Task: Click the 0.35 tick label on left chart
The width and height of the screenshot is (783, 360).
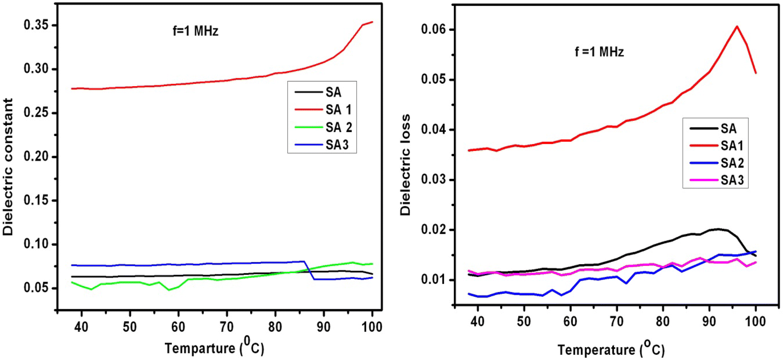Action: pos(36,25)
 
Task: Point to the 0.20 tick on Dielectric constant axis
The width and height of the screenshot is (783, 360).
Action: pos(36,156)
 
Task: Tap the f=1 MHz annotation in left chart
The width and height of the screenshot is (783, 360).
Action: pos(195,31)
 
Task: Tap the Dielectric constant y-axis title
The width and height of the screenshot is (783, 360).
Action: pos(8,167)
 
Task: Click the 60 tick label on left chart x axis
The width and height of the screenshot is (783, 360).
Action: pos(178,327)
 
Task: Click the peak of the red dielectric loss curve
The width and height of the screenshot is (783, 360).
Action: pos(737,27)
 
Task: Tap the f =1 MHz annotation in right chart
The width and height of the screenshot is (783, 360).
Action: pos(599,52)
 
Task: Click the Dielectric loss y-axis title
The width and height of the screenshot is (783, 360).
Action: pos(405,165)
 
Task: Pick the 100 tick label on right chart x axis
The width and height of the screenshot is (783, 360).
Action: pos(755,322)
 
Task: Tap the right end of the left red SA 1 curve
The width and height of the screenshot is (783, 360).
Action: pos(372,22)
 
